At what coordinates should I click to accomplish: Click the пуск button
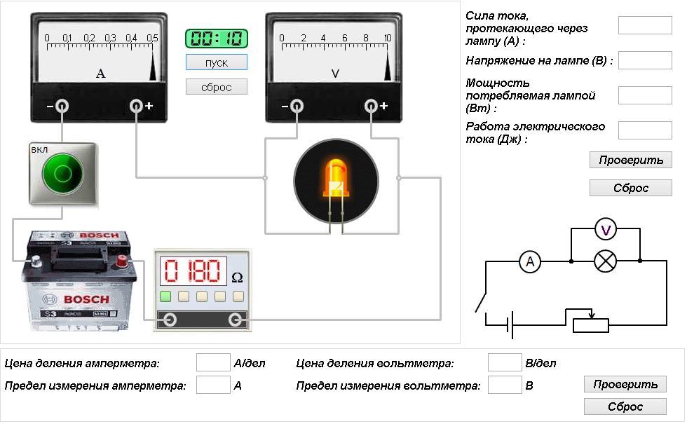(217, 62)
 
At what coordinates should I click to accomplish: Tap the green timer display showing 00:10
(217, 39)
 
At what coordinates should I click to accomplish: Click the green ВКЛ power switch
(62, 173)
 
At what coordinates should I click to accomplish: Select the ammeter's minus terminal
(62, 106)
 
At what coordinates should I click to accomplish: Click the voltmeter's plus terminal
(372, 106)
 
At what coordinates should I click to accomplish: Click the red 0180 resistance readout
(192, 271)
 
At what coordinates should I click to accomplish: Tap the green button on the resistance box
(166, 296)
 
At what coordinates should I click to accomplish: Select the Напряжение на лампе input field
(635, 60)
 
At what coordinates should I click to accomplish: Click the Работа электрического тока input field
(635, 130)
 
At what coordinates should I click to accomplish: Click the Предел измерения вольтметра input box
(504, 385)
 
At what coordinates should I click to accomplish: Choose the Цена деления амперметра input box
(213, 362)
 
